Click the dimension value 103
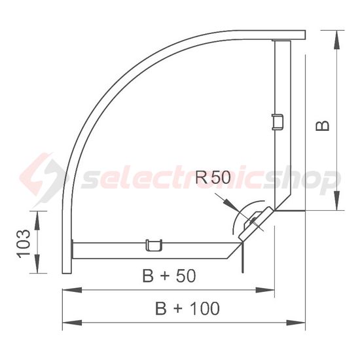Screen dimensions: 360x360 [x=24, y=243]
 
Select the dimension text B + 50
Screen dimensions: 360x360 [x=169, y=277]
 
